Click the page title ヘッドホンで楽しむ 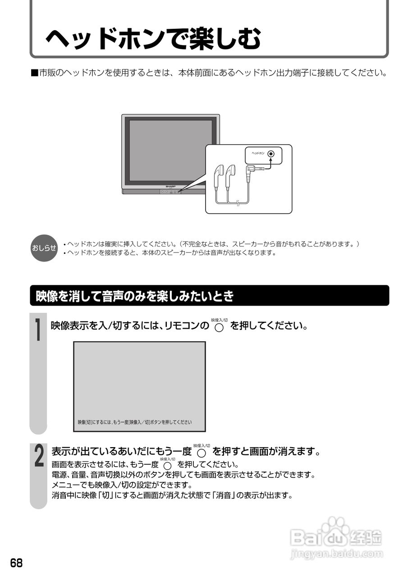click(x=153, y=39)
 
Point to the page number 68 click(x=17, y=563)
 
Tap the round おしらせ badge click(x=44, y=248)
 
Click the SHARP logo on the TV click(x=170, y=186)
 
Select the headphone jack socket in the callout click(x=270, y=154)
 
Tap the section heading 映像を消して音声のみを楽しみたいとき click(x=135, y=296)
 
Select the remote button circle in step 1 click(x=219, y=328)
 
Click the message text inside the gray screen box click(x=135, y=422)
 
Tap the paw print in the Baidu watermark click(x=335, y=526)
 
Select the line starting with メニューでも click(x=122, y=485)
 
